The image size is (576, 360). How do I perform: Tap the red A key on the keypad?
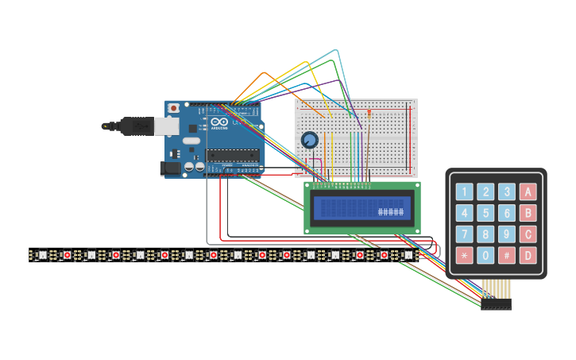pyautogui.click(x=528, y=192)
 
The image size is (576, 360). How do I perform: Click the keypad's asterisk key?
pyautogui.click(x=464, y=256)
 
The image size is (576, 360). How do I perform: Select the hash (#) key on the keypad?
pyautogui.click(x=507, y=256)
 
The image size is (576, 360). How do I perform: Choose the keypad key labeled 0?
pyautogui.click(x=485, y=256)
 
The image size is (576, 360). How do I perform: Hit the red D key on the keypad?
pyautogui.click(x=528, y=256)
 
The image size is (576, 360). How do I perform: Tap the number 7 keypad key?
pyautogui.click(x=464, y=234)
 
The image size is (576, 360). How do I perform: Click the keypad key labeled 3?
pyautogui.click(x=507, y=192)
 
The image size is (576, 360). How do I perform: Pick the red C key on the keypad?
pyautogui.click(x=528, y=234)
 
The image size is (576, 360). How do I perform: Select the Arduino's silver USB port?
pyautogui.click(x=165, y=126)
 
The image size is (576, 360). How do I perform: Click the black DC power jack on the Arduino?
pyautogui.click(x=169, y=168)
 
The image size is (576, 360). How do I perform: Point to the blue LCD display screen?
pyautogui.click(x=361, y=208)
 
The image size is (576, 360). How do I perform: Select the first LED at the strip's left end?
pyautogui.click(x=42, y=255)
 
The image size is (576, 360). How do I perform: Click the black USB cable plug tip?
pyautogui.click(x=106, y=126)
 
